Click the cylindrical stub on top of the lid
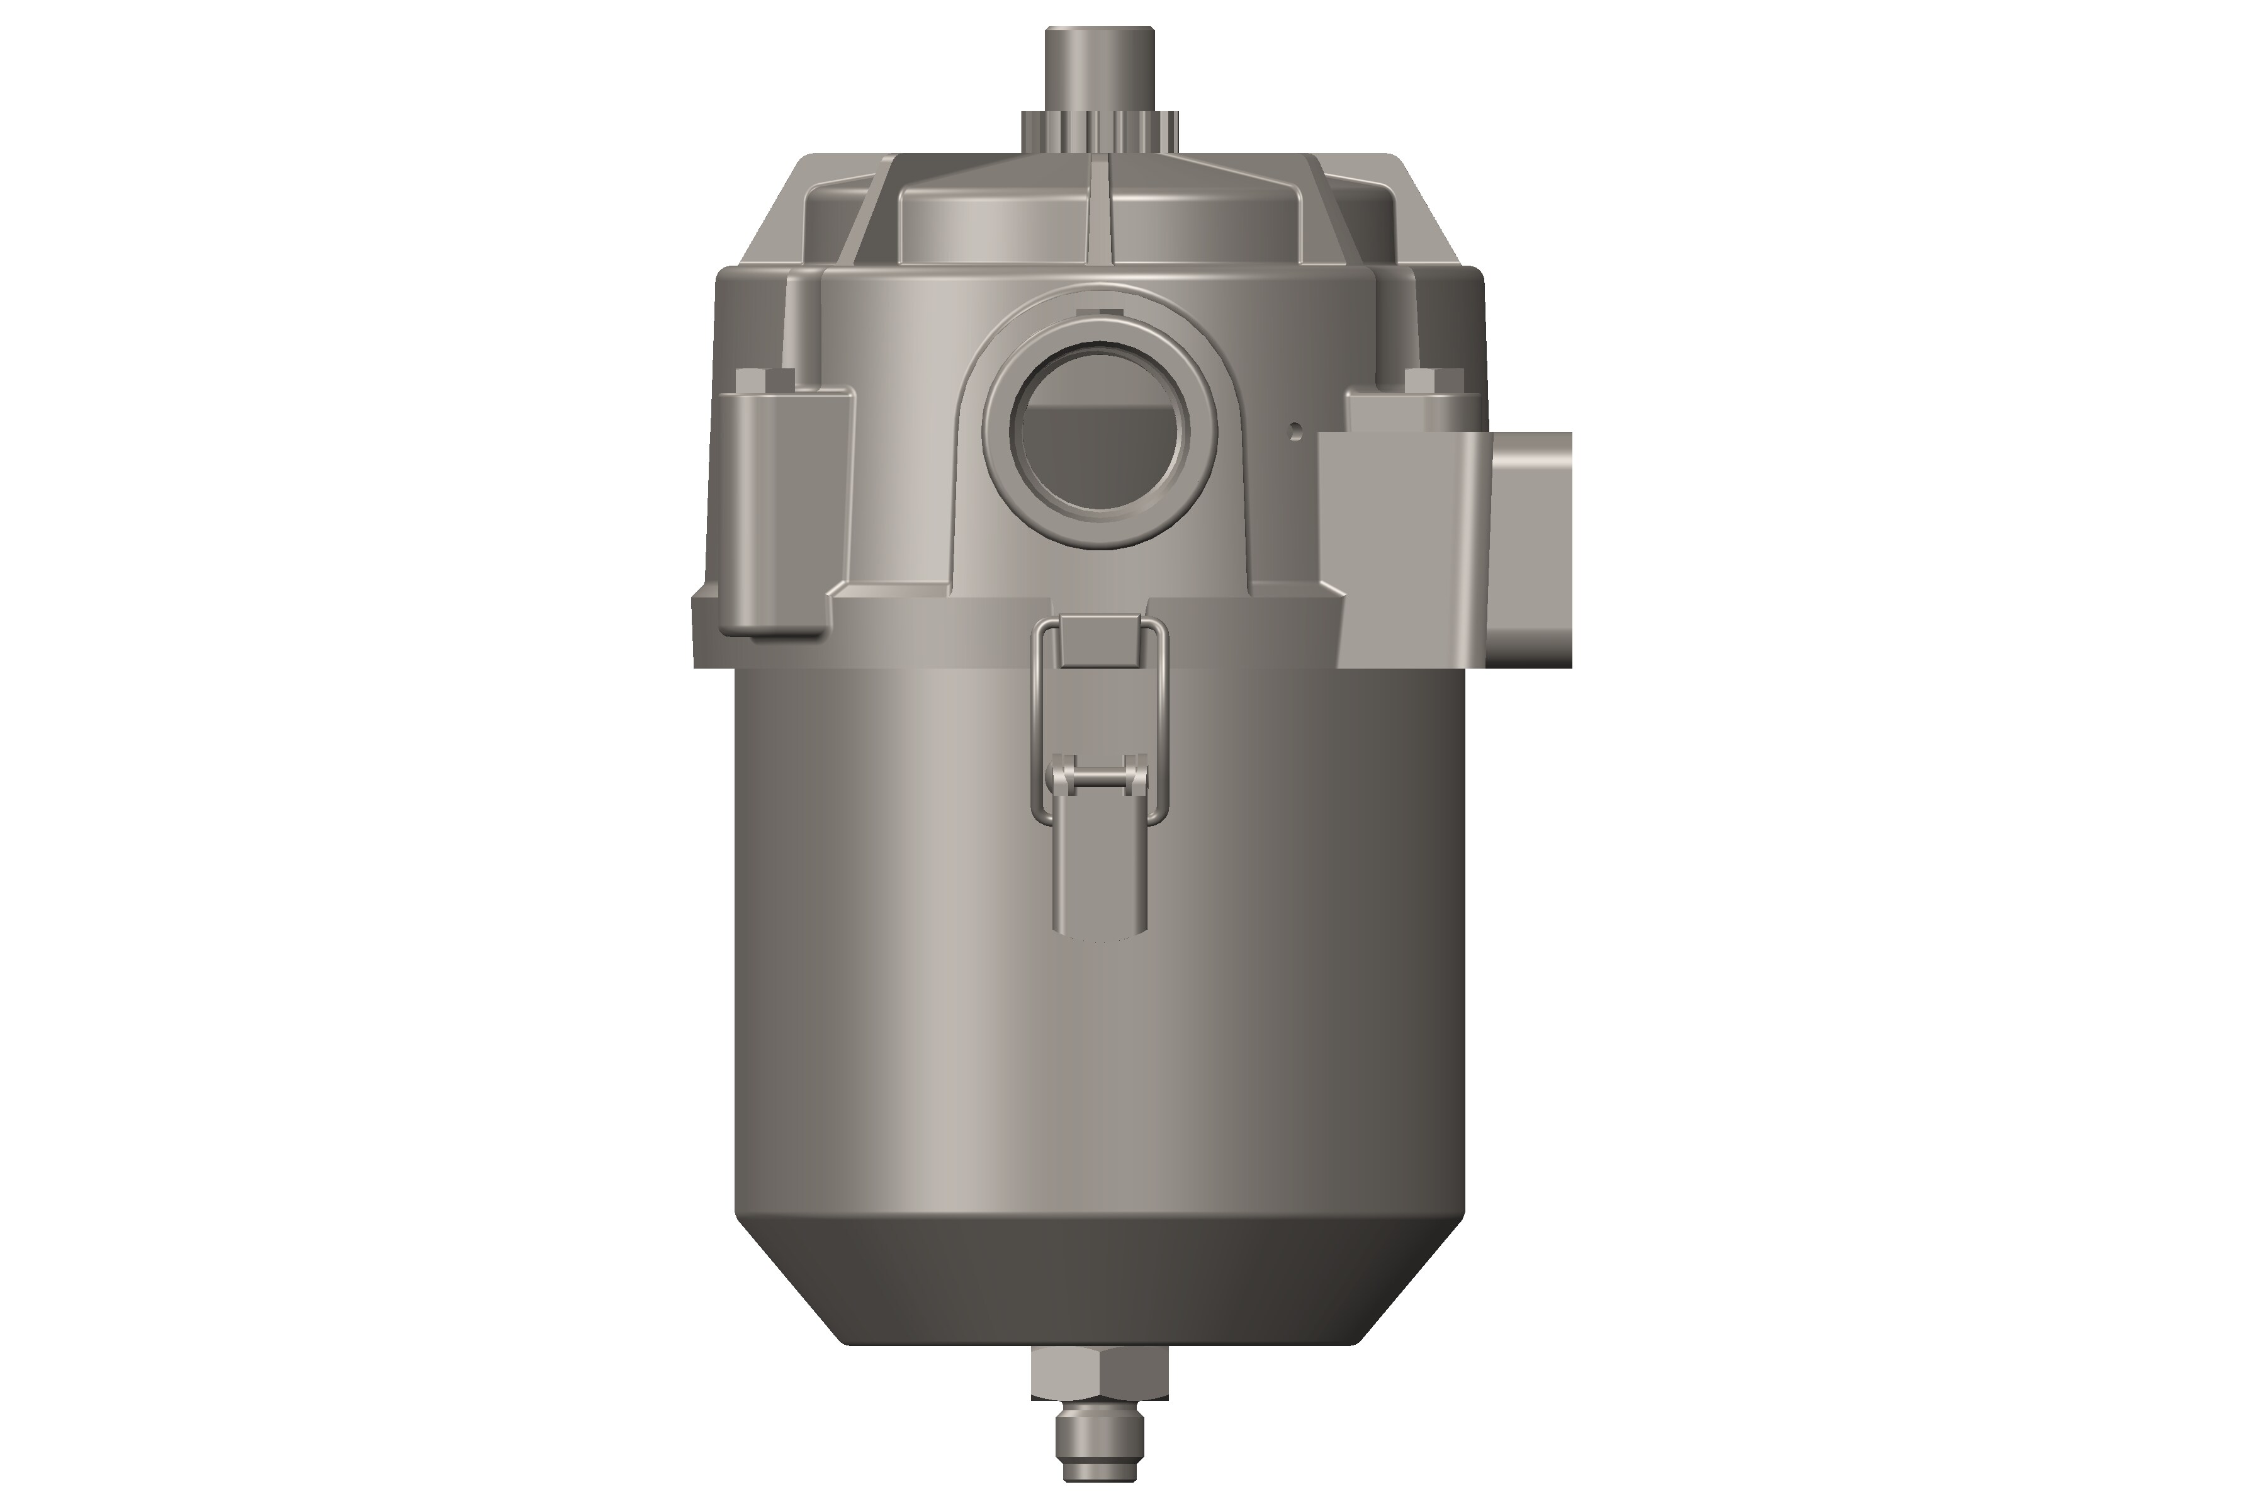click(x=1101, y=67)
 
